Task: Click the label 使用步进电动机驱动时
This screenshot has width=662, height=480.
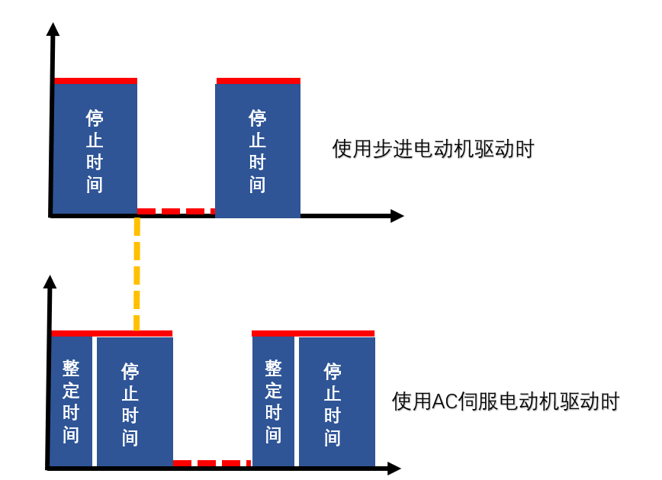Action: pos(432,149)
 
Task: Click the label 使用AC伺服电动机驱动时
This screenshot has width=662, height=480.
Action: pos(505,401)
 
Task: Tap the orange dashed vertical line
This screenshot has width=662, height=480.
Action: pos(137,275)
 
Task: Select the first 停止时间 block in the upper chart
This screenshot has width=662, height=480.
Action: pos(95,150)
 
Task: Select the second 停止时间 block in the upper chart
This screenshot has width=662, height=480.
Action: pos(258,150)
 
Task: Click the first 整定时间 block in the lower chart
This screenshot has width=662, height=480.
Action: pos(71,401)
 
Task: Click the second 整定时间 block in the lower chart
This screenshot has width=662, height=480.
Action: pos(274,401)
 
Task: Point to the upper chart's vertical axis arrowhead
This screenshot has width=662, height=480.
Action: pos(53,30)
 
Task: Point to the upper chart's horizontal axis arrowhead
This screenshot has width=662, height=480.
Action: pos(397,216)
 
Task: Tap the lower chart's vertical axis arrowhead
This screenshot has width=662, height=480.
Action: pos(50,282)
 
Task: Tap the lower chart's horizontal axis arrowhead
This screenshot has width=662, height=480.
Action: pos(394,468)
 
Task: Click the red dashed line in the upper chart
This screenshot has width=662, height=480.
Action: pos(175,211)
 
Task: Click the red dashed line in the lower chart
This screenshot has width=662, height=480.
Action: pos(211,463)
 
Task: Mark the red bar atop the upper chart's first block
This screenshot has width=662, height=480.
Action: pos(95,80)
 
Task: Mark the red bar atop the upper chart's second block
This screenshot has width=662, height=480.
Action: pos(258,80)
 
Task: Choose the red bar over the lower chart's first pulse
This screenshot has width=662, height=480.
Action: pos(111,333)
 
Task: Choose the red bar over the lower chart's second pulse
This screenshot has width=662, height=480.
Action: pos(313,333)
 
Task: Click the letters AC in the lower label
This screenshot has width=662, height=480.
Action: pos(444,401)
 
